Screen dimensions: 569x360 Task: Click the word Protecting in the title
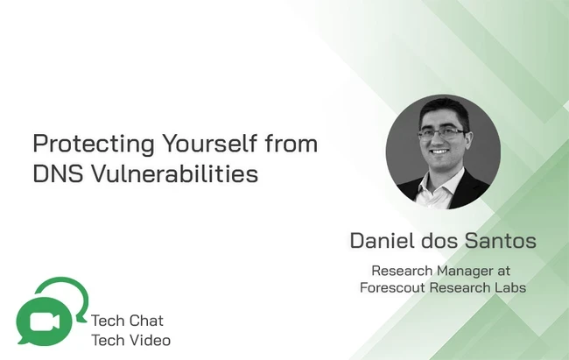[94, 145]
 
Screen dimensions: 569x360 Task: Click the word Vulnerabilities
[174, 173]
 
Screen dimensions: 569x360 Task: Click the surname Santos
[501, 241]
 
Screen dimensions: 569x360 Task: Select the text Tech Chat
[127, 321]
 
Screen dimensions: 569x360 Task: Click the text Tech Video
[130, 341]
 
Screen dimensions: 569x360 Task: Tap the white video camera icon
[45, 321]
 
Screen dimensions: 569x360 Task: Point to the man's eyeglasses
[443, 134]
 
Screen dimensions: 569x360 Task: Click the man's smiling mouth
[439, 152]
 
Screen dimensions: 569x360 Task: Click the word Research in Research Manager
[402, 271]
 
